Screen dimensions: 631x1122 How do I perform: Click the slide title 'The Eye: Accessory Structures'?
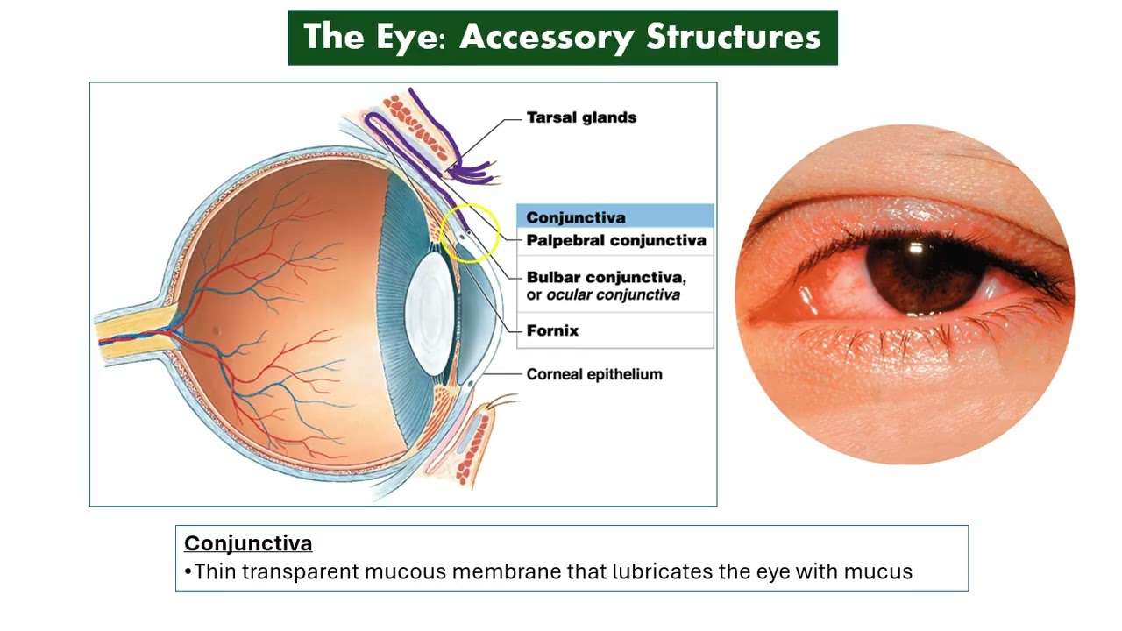point(562,38)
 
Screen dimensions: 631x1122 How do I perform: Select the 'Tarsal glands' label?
point(581,117)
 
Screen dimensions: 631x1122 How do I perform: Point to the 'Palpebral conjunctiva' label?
point(615,240)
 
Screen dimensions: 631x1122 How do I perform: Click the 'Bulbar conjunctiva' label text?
point(605,277)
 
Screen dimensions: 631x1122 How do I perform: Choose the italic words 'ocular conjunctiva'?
point(613,295)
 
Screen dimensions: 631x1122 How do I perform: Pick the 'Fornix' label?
point(552,330)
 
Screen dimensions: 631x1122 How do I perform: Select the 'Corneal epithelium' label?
point(594,374)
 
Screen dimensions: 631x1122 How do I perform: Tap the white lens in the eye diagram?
point(431,311)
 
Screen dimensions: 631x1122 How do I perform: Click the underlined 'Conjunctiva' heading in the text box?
point(248,543)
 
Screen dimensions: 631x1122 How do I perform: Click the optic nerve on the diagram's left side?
point(131,330)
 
